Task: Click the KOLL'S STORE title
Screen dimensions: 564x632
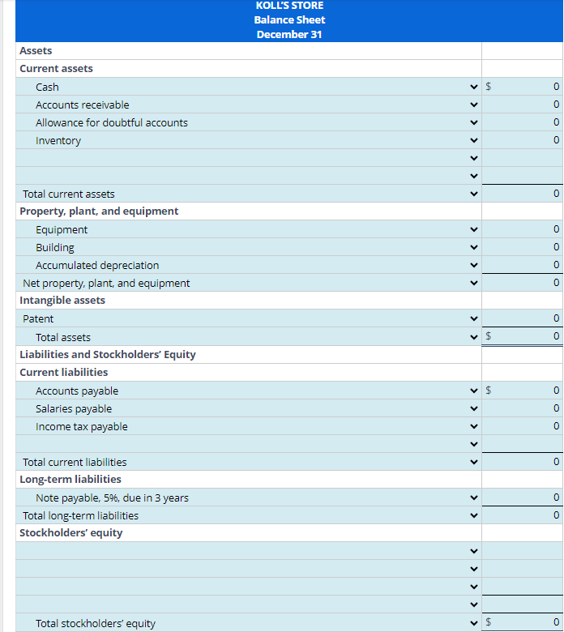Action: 289,6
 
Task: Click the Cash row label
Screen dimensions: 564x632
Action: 47,87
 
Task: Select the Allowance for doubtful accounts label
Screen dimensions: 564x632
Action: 112,122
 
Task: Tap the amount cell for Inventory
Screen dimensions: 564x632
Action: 523,140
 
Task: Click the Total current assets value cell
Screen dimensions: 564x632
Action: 523,194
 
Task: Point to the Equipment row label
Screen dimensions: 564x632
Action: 62,229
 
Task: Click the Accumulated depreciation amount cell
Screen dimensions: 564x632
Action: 523,265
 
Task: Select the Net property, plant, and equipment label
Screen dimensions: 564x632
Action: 106,283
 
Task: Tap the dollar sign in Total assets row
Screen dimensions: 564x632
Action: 489,336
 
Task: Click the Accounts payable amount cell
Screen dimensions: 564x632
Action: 523,391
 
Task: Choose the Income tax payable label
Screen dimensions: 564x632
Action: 82,426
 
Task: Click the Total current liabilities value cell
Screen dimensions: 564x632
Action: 523,462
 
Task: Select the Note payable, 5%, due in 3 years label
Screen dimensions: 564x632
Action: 112,497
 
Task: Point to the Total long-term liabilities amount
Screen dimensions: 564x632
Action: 523,515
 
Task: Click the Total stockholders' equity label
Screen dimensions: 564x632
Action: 96,623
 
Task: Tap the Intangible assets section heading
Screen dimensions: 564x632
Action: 62,300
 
